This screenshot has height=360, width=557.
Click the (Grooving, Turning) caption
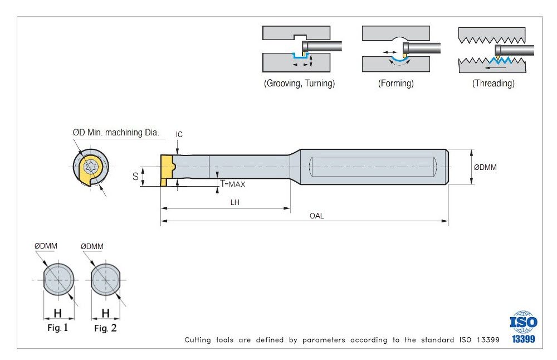299,84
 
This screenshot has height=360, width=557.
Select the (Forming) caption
396,84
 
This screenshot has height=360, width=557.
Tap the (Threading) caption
494,84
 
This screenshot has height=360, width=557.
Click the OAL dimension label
316,216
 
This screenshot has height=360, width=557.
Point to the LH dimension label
235,202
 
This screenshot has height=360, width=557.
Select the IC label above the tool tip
179,134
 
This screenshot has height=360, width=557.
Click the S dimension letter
135,177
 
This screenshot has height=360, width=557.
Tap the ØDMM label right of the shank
485,167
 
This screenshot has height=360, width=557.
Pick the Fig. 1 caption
58,328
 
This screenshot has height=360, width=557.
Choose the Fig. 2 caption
105,328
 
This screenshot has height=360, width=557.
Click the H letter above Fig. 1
58,313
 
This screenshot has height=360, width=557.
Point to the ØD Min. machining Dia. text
116,133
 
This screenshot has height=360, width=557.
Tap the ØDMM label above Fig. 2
92,246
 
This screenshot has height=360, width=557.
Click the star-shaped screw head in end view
91,166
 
